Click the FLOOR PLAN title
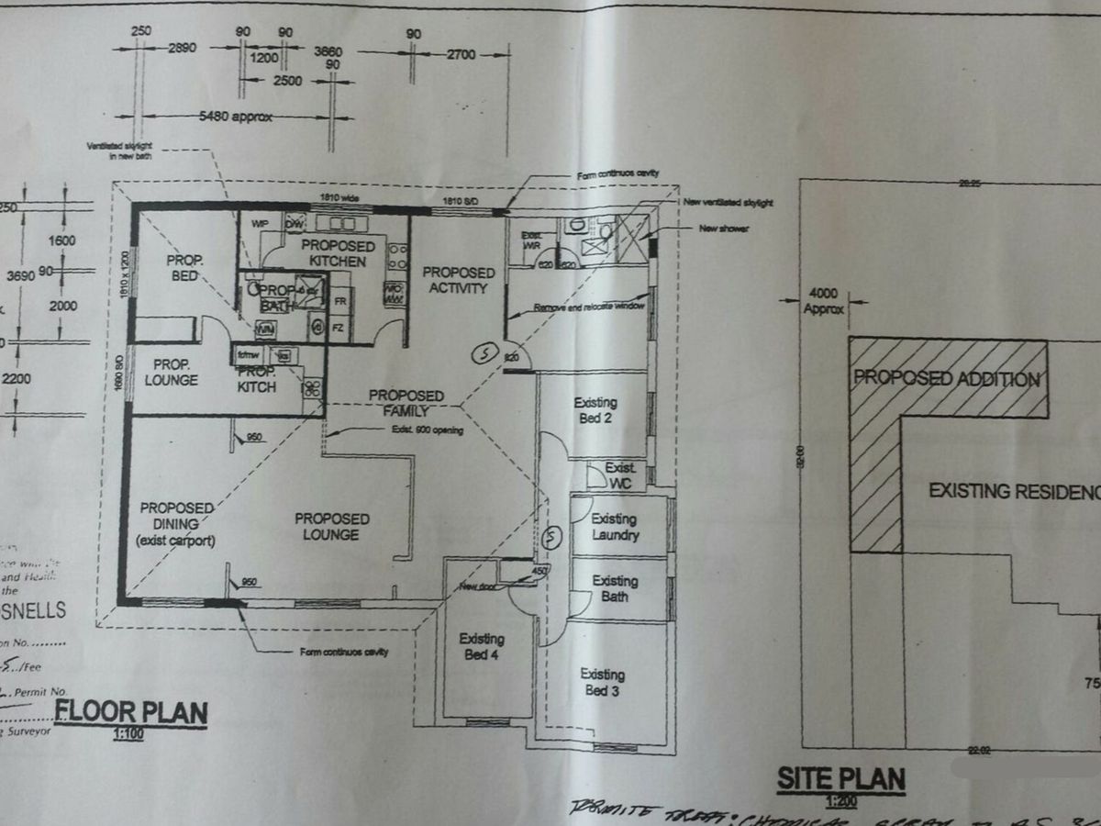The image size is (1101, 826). pyautogui.click(x=131, y=711)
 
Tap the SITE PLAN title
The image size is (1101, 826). pyautogui.click(x=841, y=780)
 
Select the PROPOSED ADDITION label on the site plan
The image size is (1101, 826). pyautogui.click(x=947, y=378)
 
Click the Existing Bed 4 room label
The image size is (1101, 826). pyautogui.click(x=482, y=646)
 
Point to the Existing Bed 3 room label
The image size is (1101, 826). pyautogui.click(x=602, y=682)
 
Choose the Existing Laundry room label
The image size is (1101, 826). pyautogui.click(x=615, y=527)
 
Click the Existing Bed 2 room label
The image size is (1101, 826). pyautogui.click(x=595, y=410)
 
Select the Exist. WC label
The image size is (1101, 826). pyautogui.click(x=621, y=474)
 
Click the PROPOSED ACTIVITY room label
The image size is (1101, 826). pyautogui.click(x=458, y=280)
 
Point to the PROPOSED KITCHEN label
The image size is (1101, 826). pyautogui.click(x=338, y=253)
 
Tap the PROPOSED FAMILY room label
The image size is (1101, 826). pyautogui.click(x=406, y=403)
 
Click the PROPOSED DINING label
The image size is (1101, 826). pyautogui.click(x=177, y=524)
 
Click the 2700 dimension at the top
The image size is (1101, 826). pyautogui.click(x=461, y=55)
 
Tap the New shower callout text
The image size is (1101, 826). pyautogui.click(x=724, y=228)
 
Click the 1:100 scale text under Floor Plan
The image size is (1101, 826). pyautogui.click(x=130, y=733)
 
